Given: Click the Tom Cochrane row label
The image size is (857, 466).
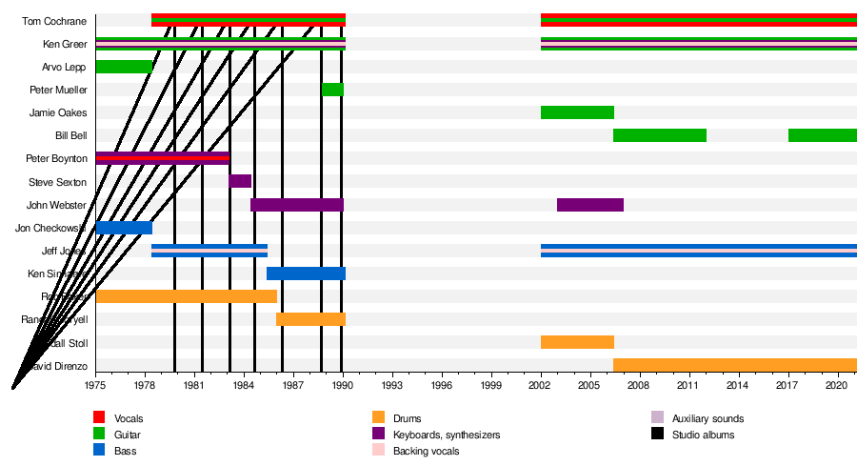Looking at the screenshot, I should pos(59,21).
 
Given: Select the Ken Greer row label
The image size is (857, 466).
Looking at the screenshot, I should pos(65,44).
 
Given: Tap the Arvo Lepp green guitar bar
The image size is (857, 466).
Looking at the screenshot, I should pos(124,67).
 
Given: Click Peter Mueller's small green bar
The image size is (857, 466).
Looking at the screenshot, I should pos(332,90).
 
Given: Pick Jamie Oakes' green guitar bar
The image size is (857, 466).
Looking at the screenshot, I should pos(577,112).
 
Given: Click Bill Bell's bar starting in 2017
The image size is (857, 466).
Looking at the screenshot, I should pos(822,135).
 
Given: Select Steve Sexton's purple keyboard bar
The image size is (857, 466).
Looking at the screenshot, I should pos(240,181).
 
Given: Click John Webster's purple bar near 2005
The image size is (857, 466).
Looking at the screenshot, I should pos(590,205).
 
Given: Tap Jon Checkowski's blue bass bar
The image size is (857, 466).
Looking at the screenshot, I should pos(124,228).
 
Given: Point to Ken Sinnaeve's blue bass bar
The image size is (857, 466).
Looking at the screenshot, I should pos(306,274).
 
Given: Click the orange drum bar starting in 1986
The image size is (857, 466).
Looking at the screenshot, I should pos(310,319).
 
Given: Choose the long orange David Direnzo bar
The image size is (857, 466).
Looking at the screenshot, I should pos(734,365).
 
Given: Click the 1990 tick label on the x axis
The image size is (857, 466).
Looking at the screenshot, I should pos(343,385).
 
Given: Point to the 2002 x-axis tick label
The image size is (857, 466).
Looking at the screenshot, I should pos(541,385).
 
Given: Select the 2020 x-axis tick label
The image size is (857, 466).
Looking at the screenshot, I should pos(837,385).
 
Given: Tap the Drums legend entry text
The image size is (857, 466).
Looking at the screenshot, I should pos(407,418).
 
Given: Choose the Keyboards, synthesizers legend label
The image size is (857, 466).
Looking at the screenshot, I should pos(447,435).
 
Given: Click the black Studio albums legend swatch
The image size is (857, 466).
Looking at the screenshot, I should pos(657,435).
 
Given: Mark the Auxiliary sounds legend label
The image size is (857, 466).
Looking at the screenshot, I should pos(708,418).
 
